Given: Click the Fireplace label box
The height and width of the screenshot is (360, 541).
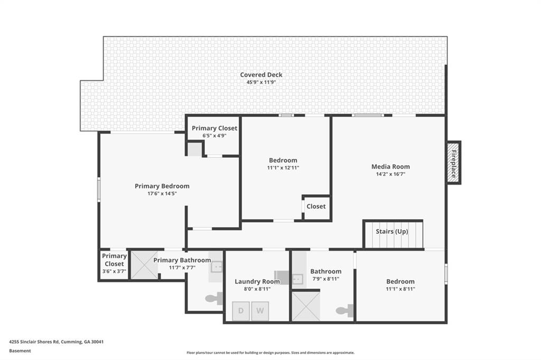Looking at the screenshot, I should click(453, 163).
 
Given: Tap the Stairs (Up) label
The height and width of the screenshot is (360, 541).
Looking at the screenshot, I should click(391, 231).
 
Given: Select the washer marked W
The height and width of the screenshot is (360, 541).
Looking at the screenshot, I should click(260, 311).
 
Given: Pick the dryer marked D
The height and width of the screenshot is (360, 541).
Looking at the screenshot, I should click(241, 311).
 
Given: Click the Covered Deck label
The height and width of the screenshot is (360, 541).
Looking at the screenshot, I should click(262, 75).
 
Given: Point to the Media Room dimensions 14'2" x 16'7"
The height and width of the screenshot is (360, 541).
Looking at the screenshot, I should click(390, 174).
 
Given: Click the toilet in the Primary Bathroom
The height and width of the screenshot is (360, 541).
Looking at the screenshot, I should click(213, 299).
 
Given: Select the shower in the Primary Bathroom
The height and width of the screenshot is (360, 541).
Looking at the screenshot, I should click(145, 266).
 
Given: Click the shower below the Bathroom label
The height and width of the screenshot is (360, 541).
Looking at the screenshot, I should click(306, 306).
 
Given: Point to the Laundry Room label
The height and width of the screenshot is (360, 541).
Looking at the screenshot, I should click(257, 281).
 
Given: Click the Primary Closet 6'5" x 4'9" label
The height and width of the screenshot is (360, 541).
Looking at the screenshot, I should click(214, 128).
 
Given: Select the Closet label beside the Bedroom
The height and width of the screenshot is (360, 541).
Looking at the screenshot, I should click(316, 206).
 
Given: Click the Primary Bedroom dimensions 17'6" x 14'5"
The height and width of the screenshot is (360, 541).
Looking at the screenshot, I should click(162, 194).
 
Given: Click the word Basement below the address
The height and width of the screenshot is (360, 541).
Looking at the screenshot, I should click(20, 350).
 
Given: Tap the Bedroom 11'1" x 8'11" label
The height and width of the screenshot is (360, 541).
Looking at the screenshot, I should click(400, 281).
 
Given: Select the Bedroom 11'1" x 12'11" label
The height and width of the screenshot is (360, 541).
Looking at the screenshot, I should click(283, 160).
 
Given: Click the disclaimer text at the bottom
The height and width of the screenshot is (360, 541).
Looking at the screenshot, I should click(270, 353).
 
